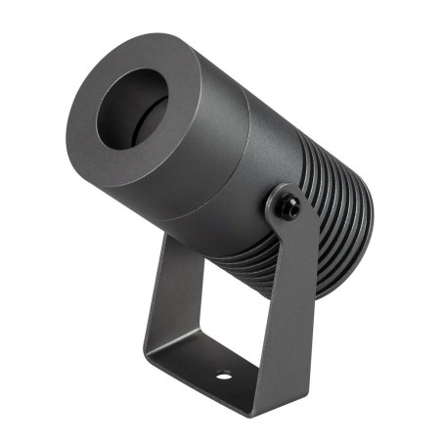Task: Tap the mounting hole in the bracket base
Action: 224,376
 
